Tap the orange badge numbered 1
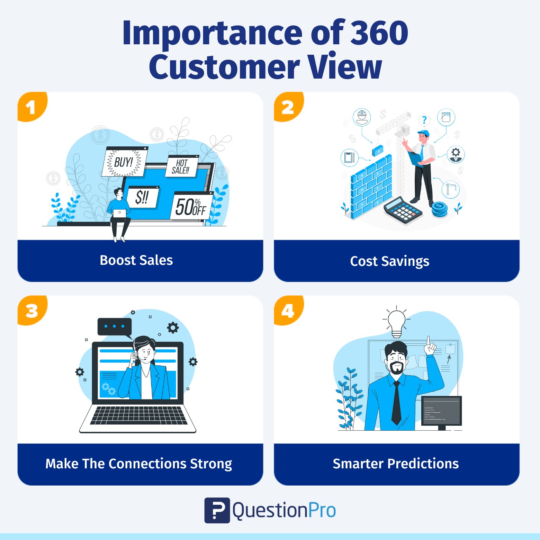click(31, 106)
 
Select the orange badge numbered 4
click(288, 310)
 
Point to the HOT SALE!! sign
click(181, 166)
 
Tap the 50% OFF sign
click(191, 206)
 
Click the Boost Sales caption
click(136, 260)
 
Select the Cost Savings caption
click(390, 261)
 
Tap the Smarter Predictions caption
click(396, 463)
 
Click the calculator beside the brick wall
click(403, 210)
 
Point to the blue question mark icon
click(424, 120)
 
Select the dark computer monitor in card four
click(442, 412)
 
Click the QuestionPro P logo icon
click(217, 510)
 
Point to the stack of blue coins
click(439, 209)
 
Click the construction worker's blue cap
click(424, 133)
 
